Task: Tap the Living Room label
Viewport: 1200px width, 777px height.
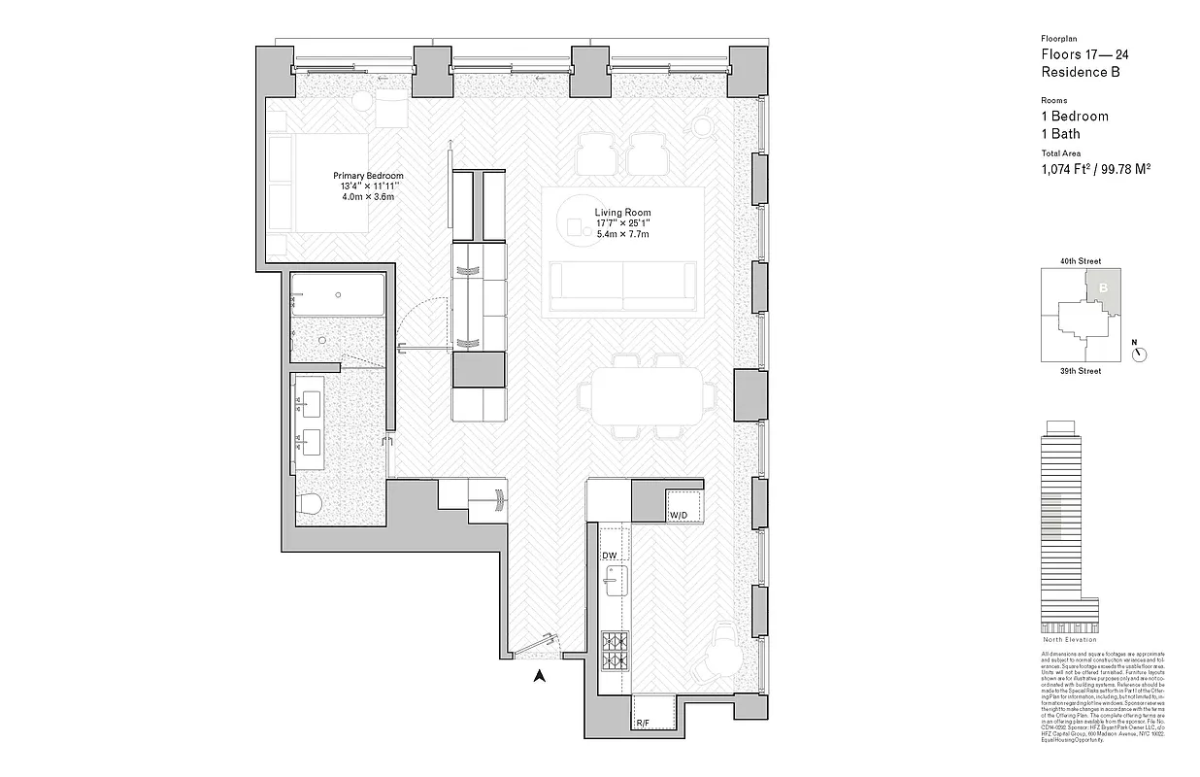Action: tap(622, 213)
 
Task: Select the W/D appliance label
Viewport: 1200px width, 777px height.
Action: tap(678, 514)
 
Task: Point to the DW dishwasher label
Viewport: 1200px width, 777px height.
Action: tap(610, 556)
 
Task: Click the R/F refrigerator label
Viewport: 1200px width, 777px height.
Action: tap(643, 723)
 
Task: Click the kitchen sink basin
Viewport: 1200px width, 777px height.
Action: tap(611, 585)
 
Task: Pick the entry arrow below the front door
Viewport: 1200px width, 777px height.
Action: tap(541, 678)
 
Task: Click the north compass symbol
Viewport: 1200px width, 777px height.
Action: tap(1140, 354)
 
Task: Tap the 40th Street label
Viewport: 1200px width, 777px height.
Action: tap(1081, 261)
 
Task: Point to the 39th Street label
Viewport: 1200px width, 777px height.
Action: tap(1081, 371)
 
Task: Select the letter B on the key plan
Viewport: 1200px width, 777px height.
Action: tap(1104, 287)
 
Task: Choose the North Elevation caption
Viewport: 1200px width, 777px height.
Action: tap(1069, 639)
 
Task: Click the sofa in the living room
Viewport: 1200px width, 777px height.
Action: tap(624, 288)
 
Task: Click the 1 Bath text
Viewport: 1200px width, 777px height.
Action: tap(1060, 134)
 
